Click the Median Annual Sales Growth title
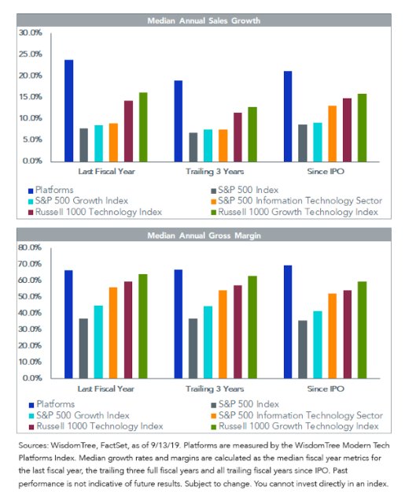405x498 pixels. coord(204,20)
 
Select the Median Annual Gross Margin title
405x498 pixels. coord(204,236)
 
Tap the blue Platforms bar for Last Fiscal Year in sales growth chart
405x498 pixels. coord(68,111)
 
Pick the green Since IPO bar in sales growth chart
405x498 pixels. coord(363,128)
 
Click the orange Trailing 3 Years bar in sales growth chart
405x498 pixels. coord(223,146)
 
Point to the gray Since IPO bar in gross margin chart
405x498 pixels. coord(303,349)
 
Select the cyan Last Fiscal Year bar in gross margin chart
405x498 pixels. coord(98,342)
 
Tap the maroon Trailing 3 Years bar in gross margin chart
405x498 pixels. coord(237,332)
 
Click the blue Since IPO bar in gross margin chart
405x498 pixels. coord(288,321)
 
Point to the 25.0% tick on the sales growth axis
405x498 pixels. coord(31,54)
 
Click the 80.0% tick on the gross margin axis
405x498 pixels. coord(30,247)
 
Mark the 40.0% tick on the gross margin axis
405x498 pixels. coord(30,313)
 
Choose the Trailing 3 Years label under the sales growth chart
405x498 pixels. coord(215,172)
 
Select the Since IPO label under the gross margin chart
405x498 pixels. coord(326,388)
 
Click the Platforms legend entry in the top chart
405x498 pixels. coord(50,190)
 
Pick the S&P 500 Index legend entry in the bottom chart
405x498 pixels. coord(245,404)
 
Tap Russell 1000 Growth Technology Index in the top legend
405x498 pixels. coord(295,212)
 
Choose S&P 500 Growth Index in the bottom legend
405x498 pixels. coord(79,415)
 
